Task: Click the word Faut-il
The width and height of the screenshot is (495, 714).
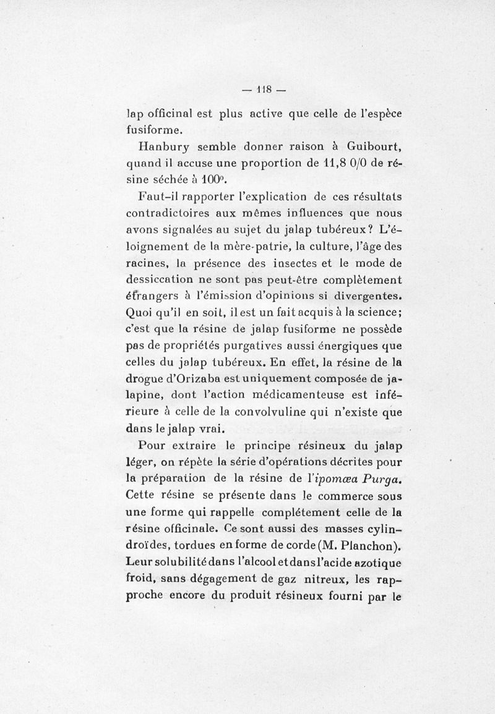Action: tap(159, 197)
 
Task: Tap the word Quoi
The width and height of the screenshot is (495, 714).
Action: tap(138, 310)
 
